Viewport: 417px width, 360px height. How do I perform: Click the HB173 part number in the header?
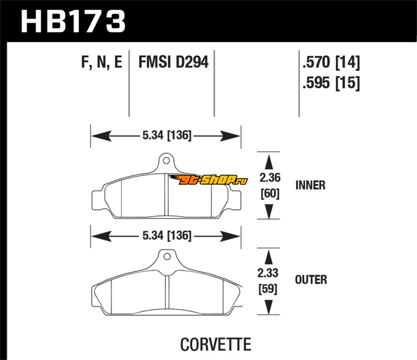coord(73,21)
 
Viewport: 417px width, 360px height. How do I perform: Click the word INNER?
coord(310,185)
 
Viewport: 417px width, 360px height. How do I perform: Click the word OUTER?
coord(311,280)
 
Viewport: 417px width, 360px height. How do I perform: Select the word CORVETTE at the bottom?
coord(215,344)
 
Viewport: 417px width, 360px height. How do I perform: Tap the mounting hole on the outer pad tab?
coord(166,256)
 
